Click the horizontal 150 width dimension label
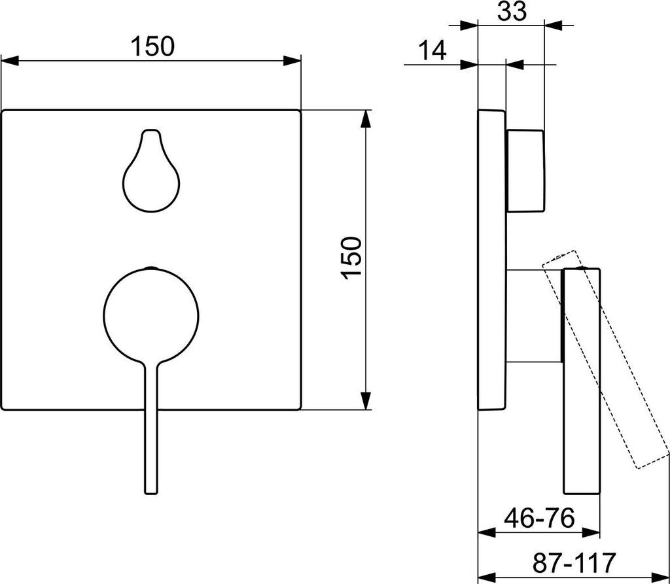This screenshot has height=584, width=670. point(152,46)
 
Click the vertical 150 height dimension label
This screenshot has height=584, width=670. point(353,258)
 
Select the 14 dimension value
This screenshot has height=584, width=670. point(432,50)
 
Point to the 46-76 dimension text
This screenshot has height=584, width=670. point(539,519)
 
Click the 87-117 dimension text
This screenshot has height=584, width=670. point(574,562)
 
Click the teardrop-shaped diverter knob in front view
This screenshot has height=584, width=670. point(151,171)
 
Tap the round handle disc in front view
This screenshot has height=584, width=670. point(151,315)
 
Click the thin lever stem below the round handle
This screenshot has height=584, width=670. point(151,427)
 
